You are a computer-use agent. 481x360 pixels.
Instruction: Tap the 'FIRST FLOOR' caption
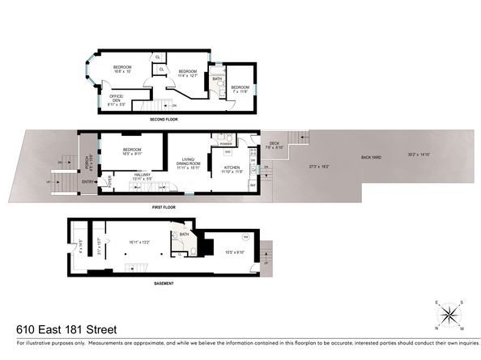point(165,207)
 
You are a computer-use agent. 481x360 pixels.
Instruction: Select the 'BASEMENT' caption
point(165,283)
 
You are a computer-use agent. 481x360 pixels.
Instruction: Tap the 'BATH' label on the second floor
point(217,79)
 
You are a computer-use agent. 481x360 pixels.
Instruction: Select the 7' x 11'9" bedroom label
point(240,89)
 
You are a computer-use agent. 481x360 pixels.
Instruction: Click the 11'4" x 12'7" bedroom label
point(188,74)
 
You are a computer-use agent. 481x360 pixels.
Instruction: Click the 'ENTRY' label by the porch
point(87,182)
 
